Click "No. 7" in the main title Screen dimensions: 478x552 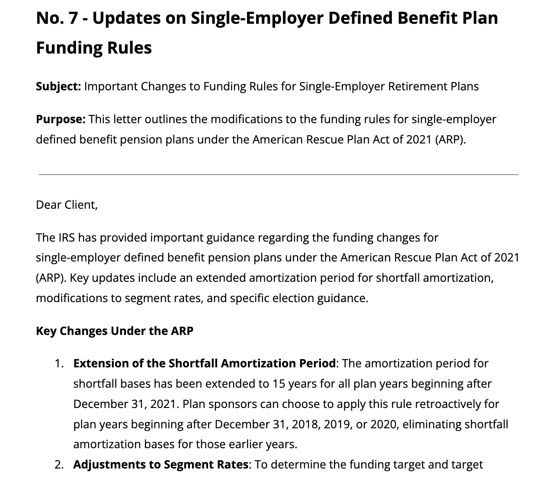(57, 18)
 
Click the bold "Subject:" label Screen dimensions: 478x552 (58, 86)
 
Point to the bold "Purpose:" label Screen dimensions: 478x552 (61, 119)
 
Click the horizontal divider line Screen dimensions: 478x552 (279, 175)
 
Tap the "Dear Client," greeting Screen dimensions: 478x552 (67, 204)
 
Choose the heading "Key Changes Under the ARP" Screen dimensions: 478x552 (115, 331)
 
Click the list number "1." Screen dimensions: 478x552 (59, 363)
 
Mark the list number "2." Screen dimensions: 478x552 (59, 465)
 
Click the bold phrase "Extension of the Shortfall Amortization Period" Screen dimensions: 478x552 (204, 363)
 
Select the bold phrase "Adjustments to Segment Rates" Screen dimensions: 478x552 (161, 465)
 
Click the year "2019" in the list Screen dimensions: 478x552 (338, 424)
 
